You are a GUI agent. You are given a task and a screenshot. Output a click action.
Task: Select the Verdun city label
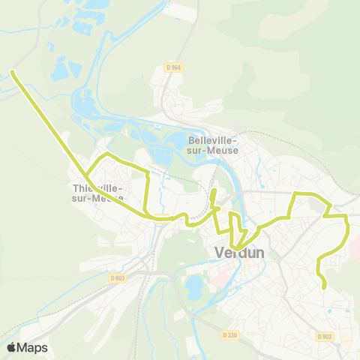point(239,253)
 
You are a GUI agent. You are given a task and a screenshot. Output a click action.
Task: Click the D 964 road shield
point(173,67)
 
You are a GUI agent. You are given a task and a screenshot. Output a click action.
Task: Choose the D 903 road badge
point(325,337)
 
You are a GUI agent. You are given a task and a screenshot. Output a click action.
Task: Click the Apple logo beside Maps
point(11,347)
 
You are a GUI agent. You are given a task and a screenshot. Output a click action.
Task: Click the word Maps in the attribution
point(33,347)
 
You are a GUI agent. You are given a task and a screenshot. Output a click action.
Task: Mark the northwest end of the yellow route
point(13,72)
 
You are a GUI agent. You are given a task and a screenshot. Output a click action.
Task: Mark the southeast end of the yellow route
point(325,286)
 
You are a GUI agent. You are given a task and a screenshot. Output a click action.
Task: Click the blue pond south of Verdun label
point(193,286)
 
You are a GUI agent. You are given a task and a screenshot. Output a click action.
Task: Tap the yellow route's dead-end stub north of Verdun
point(214,193)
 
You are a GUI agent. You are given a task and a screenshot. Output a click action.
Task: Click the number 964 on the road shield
point(176,67)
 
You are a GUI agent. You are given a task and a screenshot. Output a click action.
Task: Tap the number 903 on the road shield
point(328,337)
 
